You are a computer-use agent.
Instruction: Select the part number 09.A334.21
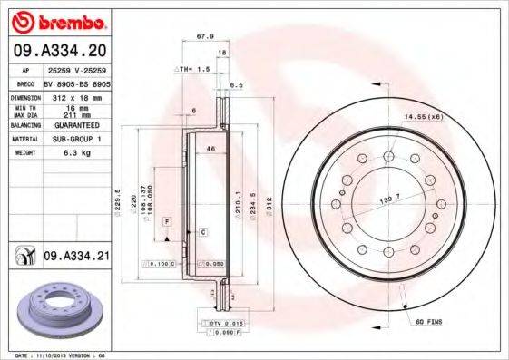point(76,257)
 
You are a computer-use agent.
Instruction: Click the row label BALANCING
point(23,127)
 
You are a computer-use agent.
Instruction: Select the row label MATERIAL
point(23,139)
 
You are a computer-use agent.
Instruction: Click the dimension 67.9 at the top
point(204,38)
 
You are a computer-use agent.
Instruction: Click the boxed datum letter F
point(167,221)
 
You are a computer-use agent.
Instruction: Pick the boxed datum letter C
point(203,233)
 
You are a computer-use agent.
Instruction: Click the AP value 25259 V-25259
point(76,69)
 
